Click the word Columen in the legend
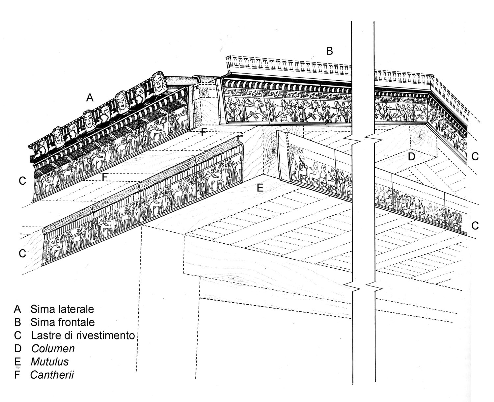pyautogui.click(x=53, y=348)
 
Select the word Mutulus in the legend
pyautogui.click(x=50, y=362)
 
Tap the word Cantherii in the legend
pyautogui.click(x=52, y=375)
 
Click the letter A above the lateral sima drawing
pyautogui.click(x=90, y=97)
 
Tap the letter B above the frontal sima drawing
pyautogui.click(x=329, y=51)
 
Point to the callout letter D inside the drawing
pyautogui.click(x=411, y=157)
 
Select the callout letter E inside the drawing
pyautogui.click(x=260, y=188)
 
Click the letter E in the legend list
pyautogui.click(x=17, y=362)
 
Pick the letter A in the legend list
pyautogui.click(x=17, y=309)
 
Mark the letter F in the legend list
pyautogui.click(x=17, y=375)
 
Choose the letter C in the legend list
pyautogui.click(x=17, y=335)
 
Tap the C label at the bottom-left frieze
pyautogui.click(x=22, y=254)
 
